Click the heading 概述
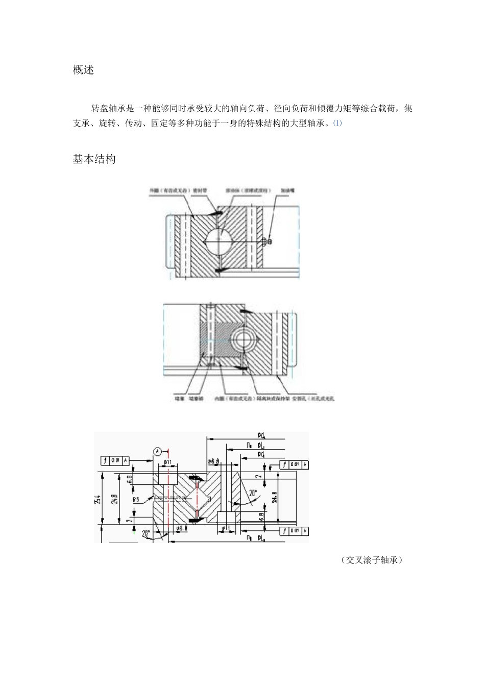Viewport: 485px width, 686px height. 84,70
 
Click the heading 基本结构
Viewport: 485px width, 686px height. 94,159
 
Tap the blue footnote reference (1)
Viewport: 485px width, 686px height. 337,123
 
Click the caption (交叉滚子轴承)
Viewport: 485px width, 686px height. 372,560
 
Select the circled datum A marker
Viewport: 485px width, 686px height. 158,451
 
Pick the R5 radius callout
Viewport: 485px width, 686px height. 136,500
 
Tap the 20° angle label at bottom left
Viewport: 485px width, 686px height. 146,534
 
